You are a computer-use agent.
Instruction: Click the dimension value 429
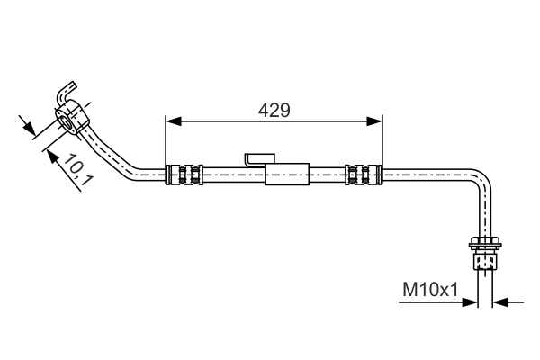point(274,111)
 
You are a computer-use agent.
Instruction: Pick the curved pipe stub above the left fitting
point(66,94)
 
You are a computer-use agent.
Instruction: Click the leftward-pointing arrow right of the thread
point(499,301)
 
